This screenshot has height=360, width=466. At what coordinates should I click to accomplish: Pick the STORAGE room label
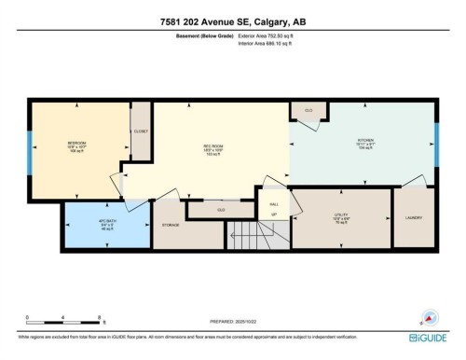pyautogui.click(x=170, y=225)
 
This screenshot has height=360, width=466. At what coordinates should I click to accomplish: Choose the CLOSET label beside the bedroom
pyautogui.click(x=141, y=132)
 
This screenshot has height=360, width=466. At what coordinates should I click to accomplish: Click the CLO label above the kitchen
pyautogui.click(x=308, y=110)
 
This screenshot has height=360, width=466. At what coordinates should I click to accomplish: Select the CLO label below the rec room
pyautogui.click(x=221, y=210)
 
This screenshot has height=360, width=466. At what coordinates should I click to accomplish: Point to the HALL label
pyautogui.click(x=274, y=203)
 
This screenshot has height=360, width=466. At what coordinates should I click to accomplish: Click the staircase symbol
pyautogui.click(x=245, y=234)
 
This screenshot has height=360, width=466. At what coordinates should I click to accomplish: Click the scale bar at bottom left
pyautogui.click(x=62, y=319)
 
